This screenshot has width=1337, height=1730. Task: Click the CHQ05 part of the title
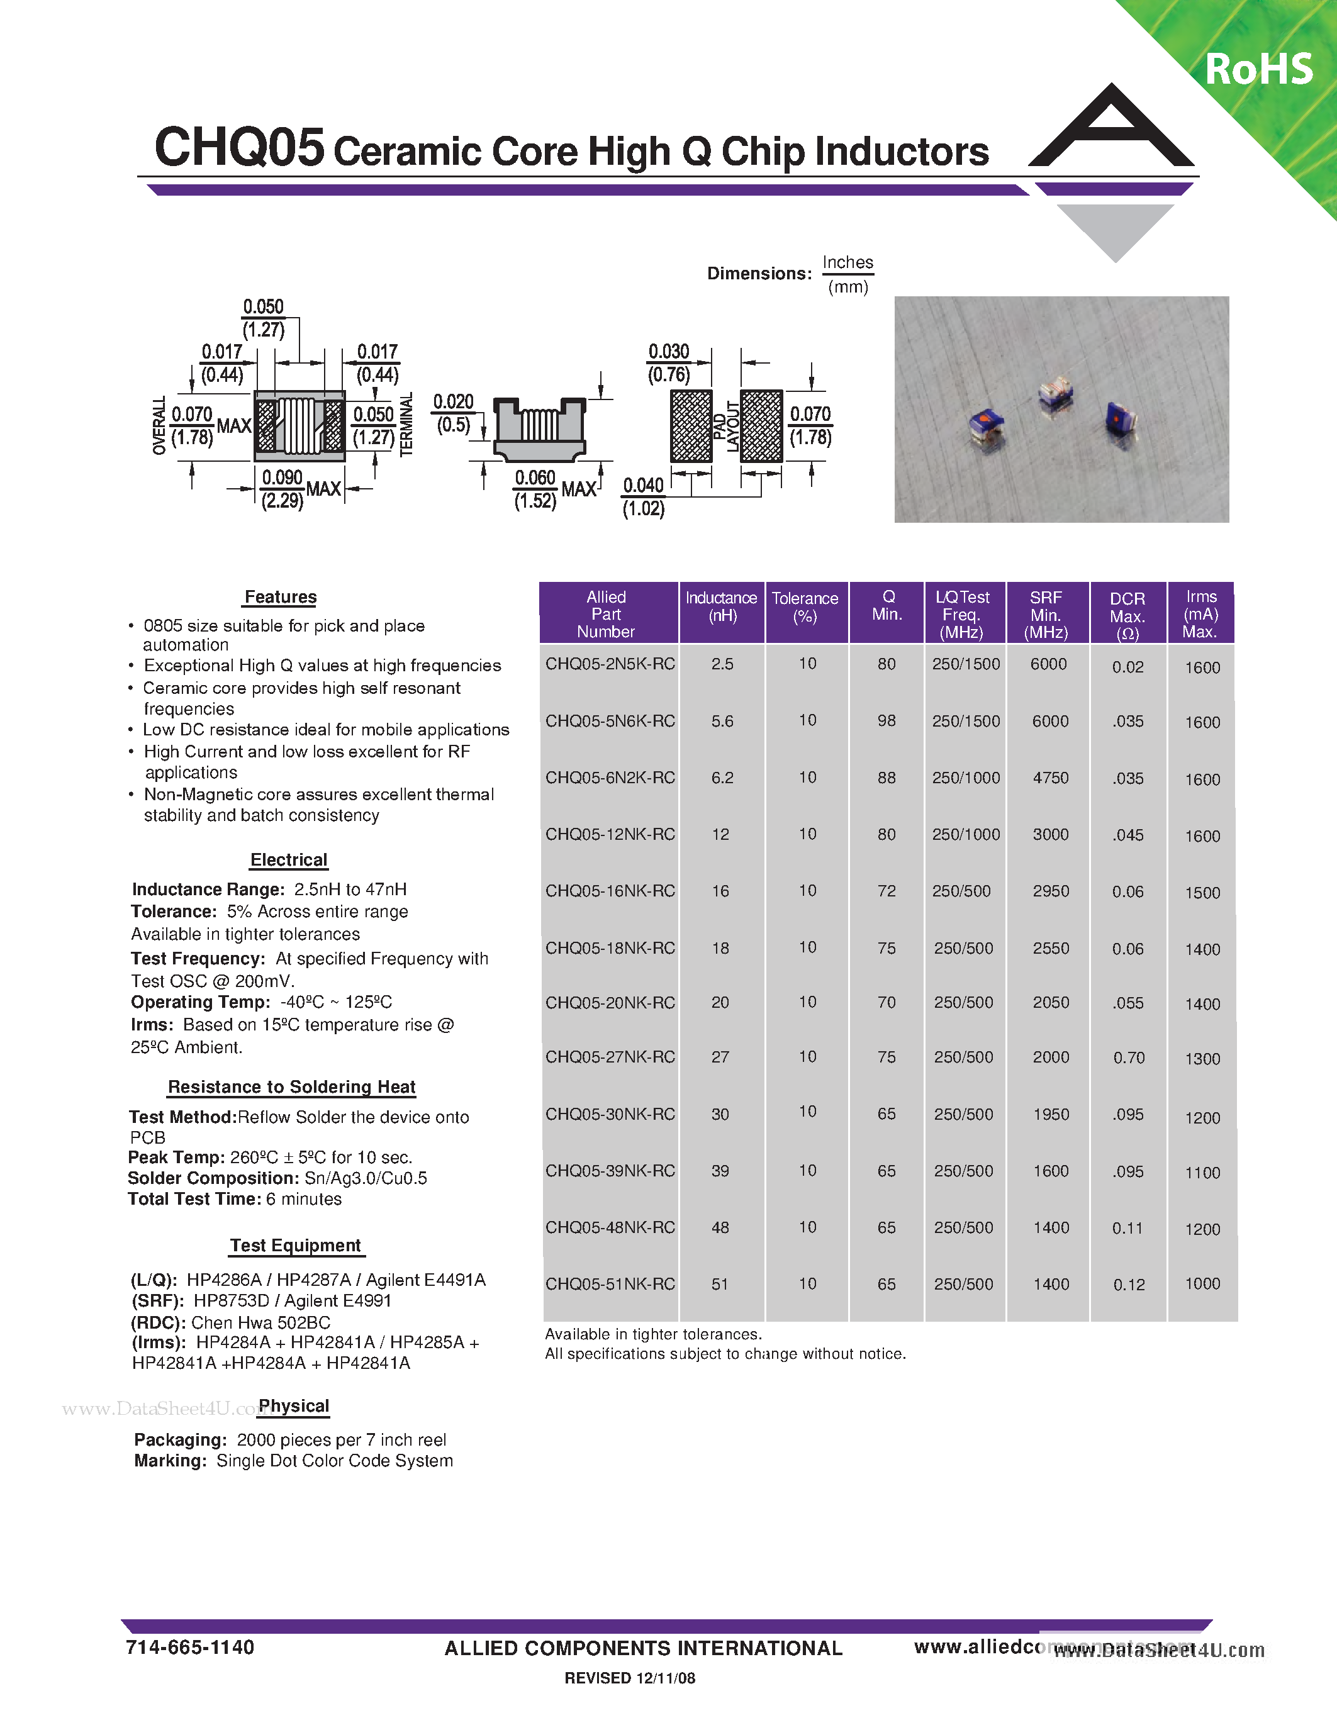239,147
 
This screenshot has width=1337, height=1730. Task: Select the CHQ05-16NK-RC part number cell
610,891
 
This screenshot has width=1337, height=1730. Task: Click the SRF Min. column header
1046,615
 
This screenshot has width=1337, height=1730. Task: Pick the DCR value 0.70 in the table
1129,1058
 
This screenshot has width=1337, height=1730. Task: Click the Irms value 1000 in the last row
1202,1284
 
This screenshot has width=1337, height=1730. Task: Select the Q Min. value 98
887,721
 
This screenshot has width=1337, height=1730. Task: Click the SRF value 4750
1050,778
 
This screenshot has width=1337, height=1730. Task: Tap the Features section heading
281,597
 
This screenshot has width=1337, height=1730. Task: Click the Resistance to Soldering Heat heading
291,1087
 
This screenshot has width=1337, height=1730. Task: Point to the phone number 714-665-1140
190,1648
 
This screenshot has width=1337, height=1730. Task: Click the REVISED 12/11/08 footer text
630,1678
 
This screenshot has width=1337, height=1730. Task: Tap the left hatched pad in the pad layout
691,426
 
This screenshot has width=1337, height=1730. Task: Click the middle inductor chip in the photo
1054,394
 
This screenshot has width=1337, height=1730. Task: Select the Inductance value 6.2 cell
722,778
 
